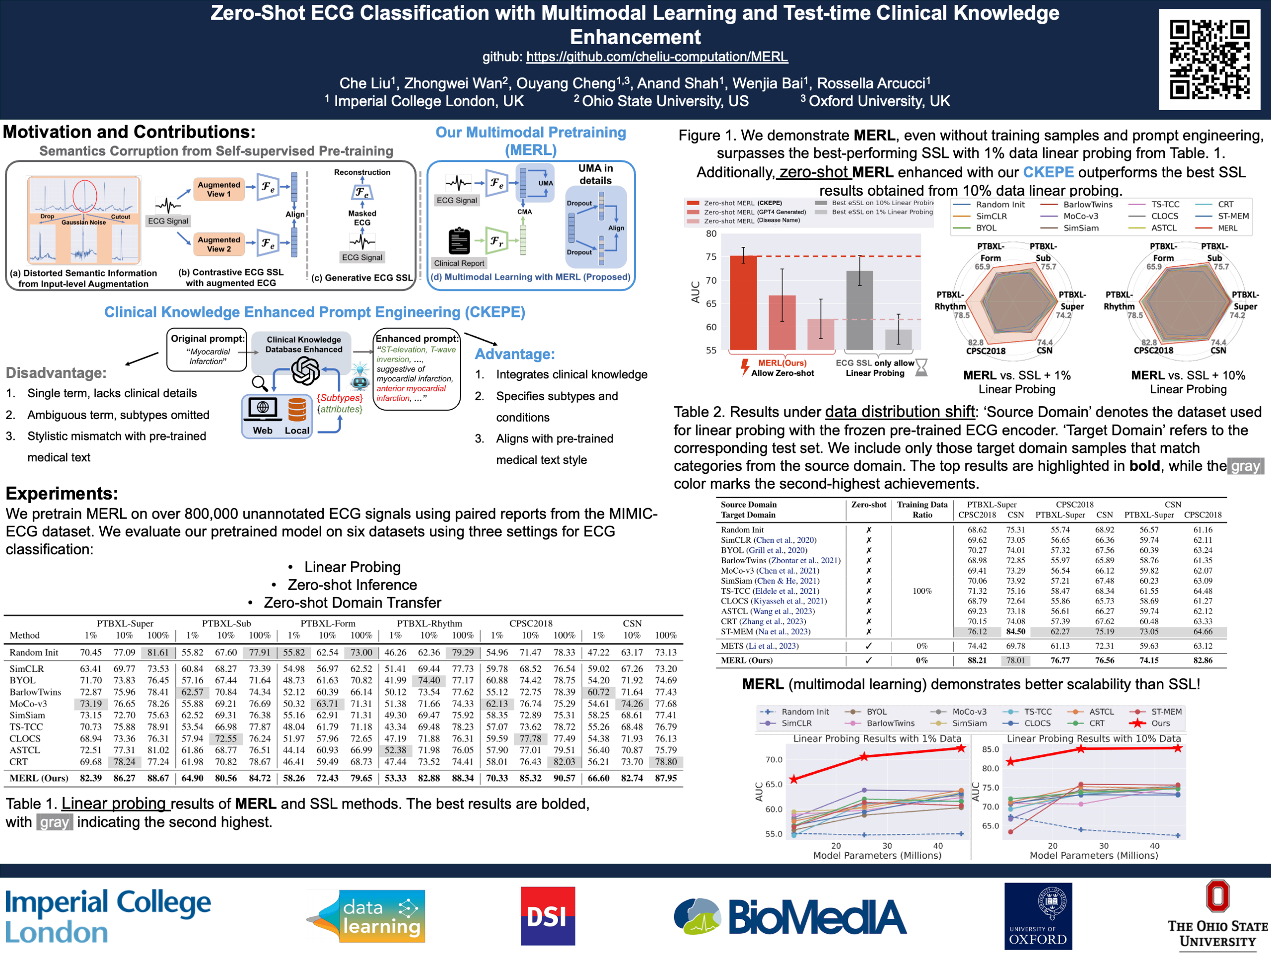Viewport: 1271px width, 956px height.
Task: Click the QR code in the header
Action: coord(1209,59)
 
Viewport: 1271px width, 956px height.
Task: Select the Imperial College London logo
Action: coord(108,916)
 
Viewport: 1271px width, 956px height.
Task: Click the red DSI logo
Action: coord(547,916)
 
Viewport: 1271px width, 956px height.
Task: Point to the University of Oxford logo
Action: coord(1038,916)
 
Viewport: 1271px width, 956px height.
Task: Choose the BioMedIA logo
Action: coord(790,916)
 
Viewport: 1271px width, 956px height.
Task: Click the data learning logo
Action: coord(368,916)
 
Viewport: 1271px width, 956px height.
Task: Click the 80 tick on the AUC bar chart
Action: coord(711,234)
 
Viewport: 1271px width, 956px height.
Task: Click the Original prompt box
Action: coord(207,350)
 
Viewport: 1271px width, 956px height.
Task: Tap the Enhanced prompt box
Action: coord(417,368)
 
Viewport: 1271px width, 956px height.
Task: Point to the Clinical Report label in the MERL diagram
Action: coord(459,263)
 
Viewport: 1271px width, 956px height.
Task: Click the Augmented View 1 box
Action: coord(219,189)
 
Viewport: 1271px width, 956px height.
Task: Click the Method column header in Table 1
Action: coord(25,635)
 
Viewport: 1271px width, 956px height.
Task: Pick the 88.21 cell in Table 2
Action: coord(977,660)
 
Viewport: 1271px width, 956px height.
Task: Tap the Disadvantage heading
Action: coord(56,372)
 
